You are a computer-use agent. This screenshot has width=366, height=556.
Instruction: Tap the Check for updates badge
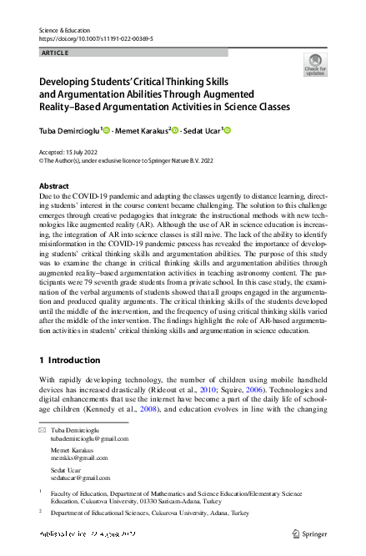(x=315, y=64)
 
